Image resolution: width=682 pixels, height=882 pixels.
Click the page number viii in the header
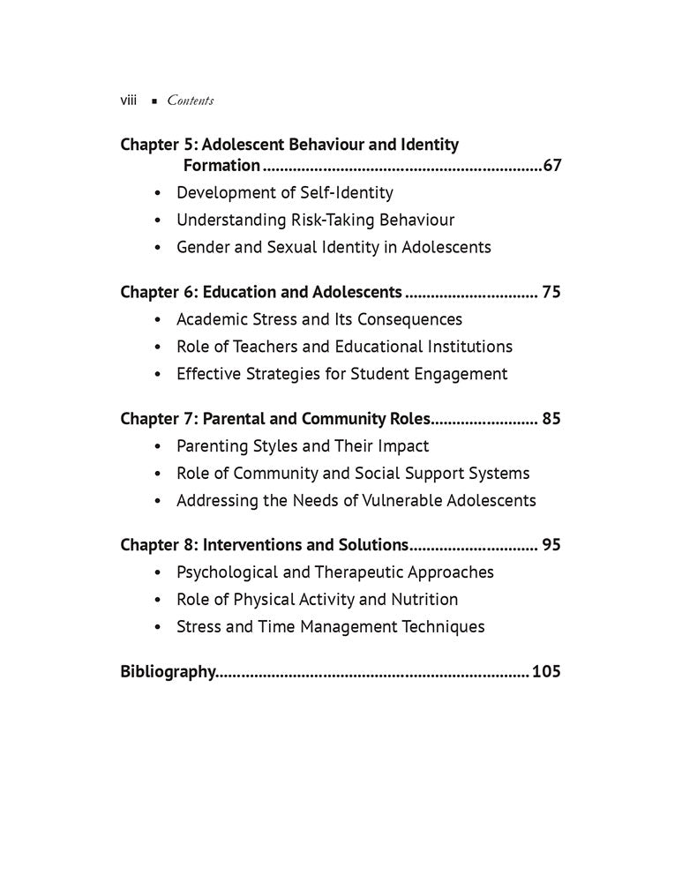point(128,101)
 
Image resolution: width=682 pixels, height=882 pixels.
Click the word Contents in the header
point(190,101)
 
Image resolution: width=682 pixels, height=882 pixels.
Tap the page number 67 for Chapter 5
point(552,165)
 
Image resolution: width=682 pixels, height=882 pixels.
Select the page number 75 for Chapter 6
point(551,292)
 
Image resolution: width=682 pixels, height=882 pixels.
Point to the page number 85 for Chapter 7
point(551,419)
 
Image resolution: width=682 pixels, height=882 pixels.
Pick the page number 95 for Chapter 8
point(551,545)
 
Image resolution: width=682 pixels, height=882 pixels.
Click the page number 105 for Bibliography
point(547,672)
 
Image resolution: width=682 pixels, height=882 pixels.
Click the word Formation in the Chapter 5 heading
point(221,165)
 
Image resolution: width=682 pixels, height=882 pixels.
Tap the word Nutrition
point(424,600)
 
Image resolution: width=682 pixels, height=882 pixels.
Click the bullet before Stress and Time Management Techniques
point(157,628)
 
